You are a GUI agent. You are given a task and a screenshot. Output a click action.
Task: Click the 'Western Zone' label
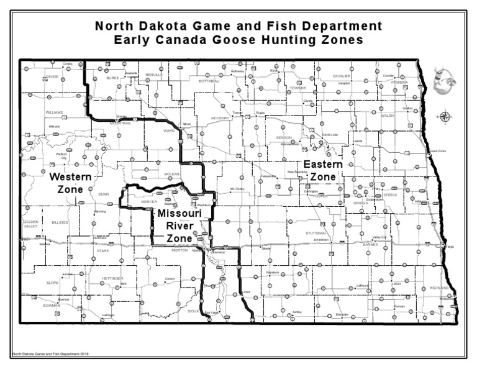[x=71, y=182]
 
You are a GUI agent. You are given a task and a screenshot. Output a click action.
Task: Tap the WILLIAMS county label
[x=54, y=112]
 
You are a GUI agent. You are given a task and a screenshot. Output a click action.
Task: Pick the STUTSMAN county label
[x=316, y=233]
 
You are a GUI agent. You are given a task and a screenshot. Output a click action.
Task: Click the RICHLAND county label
[x=438, y=288]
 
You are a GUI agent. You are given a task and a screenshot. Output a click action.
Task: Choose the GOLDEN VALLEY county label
[x=30, y=224]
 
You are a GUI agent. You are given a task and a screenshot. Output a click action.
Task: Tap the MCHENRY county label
[x=220, y=117]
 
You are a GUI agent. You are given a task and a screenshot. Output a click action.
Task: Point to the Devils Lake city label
[x=330, y=134]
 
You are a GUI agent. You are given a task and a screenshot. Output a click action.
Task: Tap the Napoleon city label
[x=273, y=272]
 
